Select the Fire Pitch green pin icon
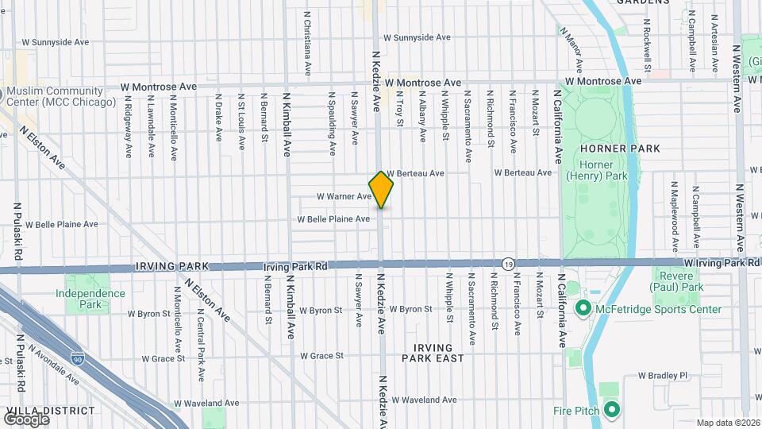pyautogui.click(x=611, y=410)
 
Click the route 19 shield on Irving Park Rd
pyautogui.click(x=507, y=263)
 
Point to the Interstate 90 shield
pyautogui.click(x=78, y=358)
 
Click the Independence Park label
pyautogui.click(x=90, y=299)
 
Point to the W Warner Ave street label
pyautogui.click(x=344, y=196)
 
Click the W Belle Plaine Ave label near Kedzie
pyautogui.click(x=333, y=219)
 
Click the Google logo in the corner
pyautogui.click(x=25, y=419)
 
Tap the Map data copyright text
pyautogui.click(x=727, y=423)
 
